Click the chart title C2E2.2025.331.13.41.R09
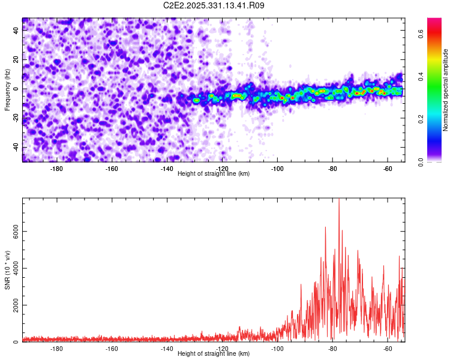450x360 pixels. (x=214, y=5)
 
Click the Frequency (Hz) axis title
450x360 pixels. (x=7, y=89)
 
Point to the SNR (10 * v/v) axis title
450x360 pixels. (x=7, y=270)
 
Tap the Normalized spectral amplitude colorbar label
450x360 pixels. (x=445, y=90)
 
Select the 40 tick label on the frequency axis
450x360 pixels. (x=16, y=30)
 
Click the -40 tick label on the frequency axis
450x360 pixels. (x=16, y=147)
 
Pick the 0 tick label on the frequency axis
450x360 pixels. (x=16, y=89)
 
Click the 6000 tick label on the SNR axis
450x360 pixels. (x=16, y=232)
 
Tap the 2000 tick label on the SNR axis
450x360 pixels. (x=16, y=305)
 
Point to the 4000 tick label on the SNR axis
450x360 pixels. (x=16, y=268)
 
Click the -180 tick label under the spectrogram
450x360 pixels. (x=56, y=169)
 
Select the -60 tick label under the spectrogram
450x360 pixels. (x=388, y=169)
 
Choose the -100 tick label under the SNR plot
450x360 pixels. (x=277, y=349)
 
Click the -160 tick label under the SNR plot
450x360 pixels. (x=112, y=349)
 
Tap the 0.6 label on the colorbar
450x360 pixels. (x=421, y=34)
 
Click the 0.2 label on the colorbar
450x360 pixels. (x=421, y=119)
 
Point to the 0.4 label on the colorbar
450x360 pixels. (x=421, y=76)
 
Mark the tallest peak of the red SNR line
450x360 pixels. (x=339, y=199)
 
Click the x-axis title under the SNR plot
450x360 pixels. (x=214, y=353)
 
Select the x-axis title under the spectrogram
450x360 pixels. (x=214, y=173)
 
